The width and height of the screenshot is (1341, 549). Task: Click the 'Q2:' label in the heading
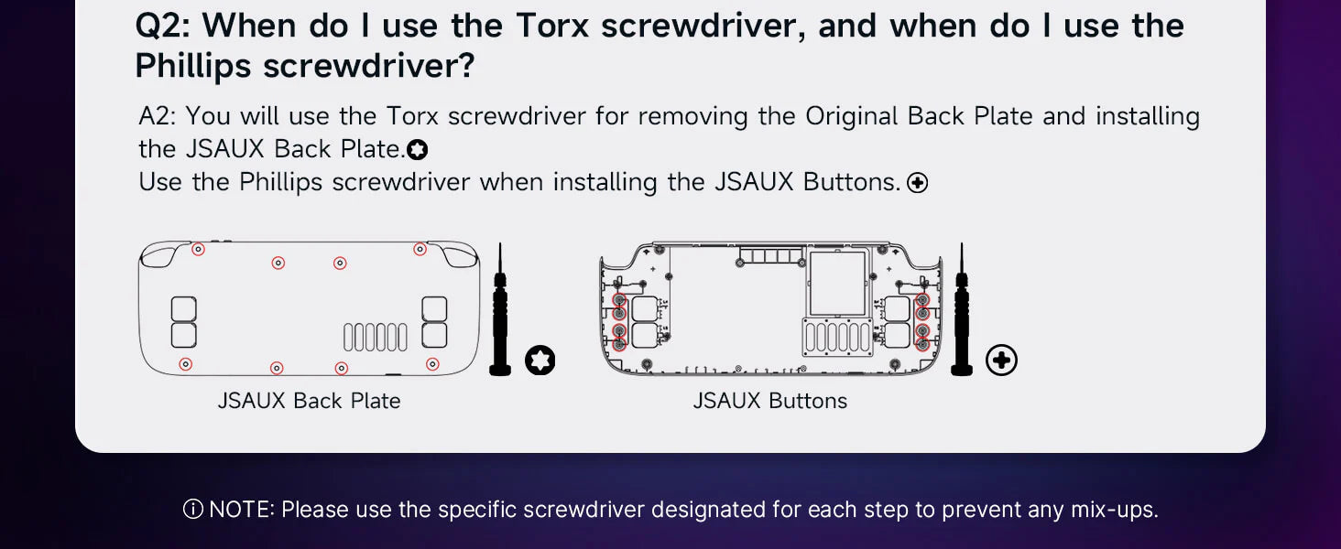(162, 27)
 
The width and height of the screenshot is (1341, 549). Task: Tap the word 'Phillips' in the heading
(192, 66)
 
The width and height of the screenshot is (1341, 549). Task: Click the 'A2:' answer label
(157, 116)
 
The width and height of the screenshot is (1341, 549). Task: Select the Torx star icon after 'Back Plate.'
(418, 149)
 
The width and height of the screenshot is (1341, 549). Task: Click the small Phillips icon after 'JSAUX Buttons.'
(917, 182)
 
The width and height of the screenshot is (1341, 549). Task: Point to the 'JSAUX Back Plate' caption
(309, 401)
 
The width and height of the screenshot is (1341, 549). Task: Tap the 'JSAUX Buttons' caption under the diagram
(769, 401)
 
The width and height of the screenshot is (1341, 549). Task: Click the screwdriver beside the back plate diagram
(500, 309)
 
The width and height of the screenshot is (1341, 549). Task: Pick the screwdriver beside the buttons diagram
(962, 309)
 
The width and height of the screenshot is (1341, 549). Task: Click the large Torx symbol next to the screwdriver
(540, 361)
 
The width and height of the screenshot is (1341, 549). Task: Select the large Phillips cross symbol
(1001, 360)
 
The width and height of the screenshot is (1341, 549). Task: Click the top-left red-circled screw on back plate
(198, 249)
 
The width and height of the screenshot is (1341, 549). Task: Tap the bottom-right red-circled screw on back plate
(432, 363)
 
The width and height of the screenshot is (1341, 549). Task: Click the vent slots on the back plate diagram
(376, 338)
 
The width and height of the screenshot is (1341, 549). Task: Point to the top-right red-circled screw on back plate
(420, 249)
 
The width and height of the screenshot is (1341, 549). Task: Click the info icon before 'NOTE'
(192, 510)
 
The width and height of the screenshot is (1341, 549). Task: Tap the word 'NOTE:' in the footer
(242, 510)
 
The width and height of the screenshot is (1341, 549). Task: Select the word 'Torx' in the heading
(553, 27)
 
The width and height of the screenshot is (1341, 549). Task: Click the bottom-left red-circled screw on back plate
(186, 363)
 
